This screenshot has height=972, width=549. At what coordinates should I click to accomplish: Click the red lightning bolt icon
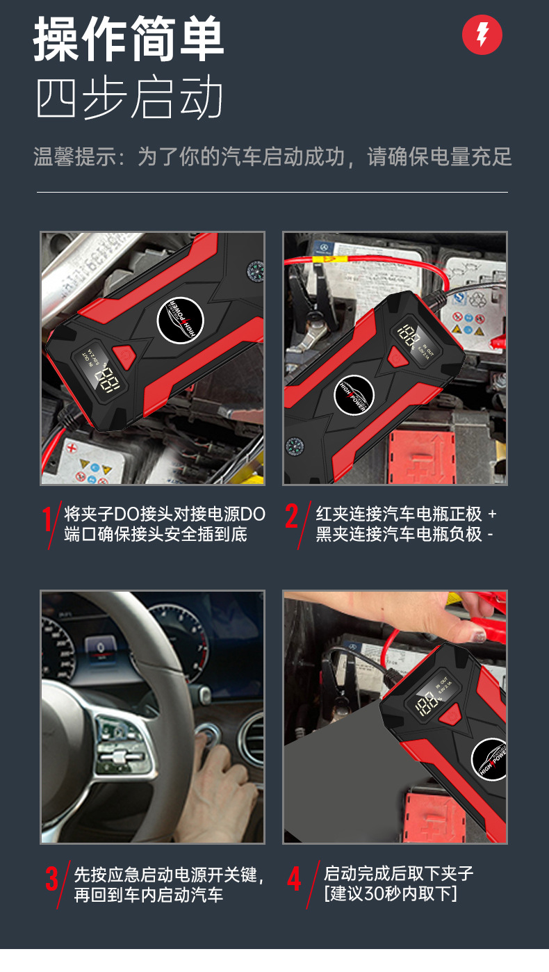(482, 35)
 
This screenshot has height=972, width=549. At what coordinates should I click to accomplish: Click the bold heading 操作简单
(129, 41)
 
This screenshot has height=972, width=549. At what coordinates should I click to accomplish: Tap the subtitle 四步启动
(129, 98)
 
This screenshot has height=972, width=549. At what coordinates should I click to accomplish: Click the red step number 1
(48, 521)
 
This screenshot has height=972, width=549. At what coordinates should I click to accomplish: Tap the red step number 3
(52, 879)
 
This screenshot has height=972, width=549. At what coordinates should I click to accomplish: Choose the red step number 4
(294, 880)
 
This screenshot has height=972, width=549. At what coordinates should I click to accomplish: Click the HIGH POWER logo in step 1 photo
(180, 321)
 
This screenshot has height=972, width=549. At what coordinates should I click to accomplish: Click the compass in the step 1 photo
(254, 269)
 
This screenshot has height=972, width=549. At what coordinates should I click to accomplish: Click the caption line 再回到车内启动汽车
(149, 896)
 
